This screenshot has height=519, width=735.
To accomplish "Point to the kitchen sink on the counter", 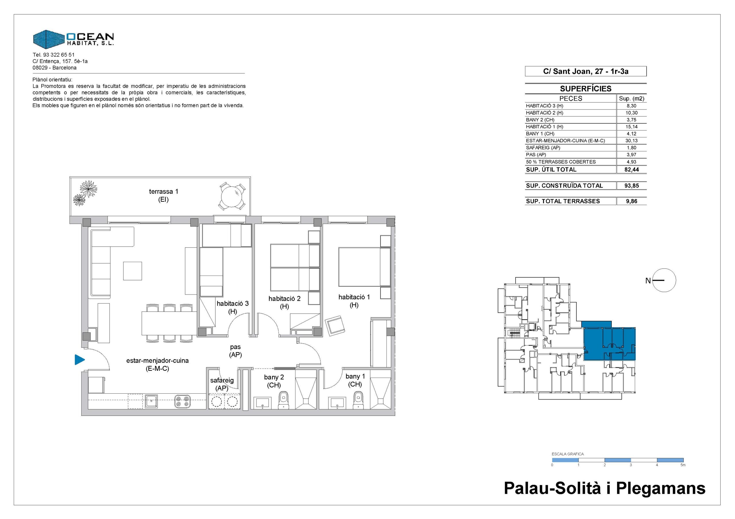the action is click(x=151, y=401).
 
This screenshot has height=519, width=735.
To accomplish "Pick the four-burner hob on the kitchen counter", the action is click(x=183, y=402).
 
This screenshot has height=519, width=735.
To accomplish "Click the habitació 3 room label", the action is click(x=233, y=307).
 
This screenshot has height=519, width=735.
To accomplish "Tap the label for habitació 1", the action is click(x=354, y=301).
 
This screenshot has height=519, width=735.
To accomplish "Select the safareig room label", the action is click(x=222, y=384).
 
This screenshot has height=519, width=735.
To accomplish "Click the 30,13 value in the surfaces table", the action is click(x=631, y=141).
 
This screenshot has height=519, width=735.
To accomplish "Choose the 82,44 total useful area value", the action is click(x=632, y=169).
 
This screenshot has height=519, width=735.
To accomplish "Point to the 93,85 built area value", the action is click(x=632, y=186).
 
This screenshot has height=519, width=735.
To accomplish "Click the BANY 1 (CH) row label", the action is click(x=540, y=134).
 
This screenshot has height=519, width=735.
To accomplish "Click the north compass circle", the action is click(x=664, y=280).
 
